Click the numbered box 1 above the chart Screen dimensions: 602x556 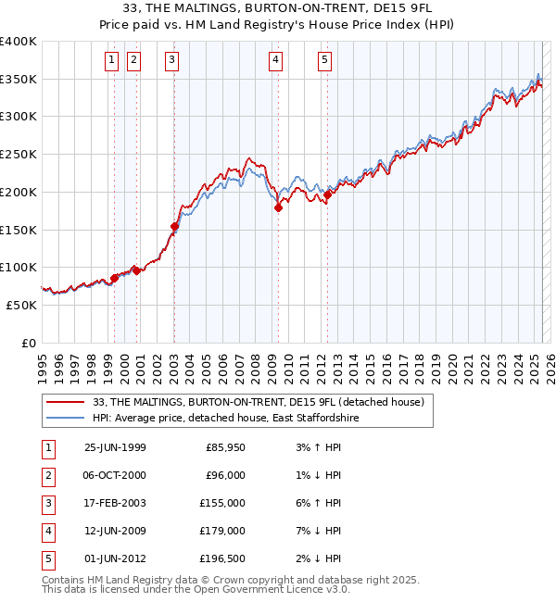click(x=111, y=61)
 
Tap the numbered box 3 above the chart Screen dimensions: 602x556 click(x=172, y=61)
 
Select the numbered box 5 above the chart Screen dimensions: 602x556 click(x=325, y=61)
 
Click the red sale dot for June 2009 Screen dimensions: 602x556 click(x=278, y=208)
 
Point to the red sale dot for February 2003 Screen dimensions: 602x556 click(x=174, y=226)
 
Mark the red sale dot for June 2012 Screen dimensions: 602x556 click(x=327, y=194)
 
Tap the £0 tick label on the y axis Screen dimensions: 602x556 click(x=28, y=343)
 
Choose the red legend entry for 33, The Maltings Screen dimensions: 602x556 click(x=259, y=402)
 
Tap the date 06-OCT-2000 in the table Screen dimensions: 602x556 click(x=115, y=475)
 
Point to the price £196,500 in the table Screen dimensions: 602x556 click(x=223, y=558)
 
